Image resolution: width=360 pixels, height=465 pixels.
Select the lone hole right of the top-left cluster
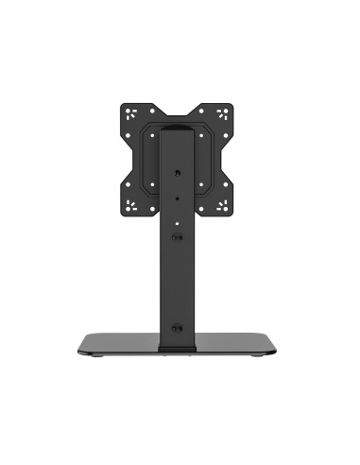[x=150, y=112]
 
